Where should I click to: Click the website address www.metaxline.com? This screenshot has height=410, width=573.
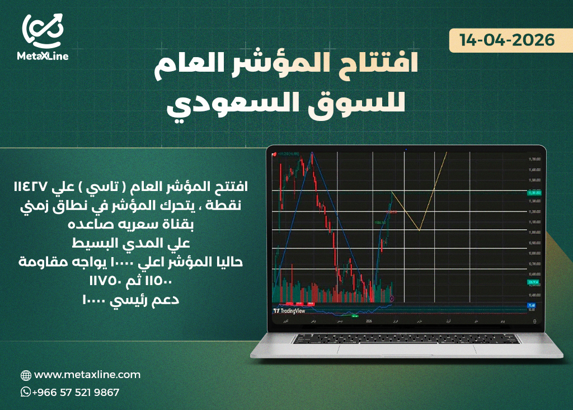pyautogui.click(x=87, y=375)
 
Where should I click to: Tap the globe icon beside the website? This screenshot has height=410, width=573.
pyautogui.click(x=26, y=375)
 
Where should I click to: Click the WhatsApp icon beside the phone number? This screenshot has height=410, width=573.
pyautogui.click(x=25, y=392)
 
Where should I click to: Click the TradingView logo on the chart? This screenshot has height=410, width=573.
pyautogui.click(x=289, y=310)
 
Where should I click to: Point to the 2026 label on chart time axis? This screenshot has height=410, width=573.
pyautogui.click(x=369, y=321)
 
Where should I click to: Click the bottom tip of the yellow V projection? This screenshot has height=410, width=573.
pyautogui.click(x=419, y=230)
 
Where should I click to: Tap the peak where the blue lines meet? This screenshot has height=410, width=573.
pyautogui.click(x=311, y=153)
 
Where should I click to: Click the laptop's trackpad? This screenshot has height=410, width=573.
pyautogui.click(x=406, y=348)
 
